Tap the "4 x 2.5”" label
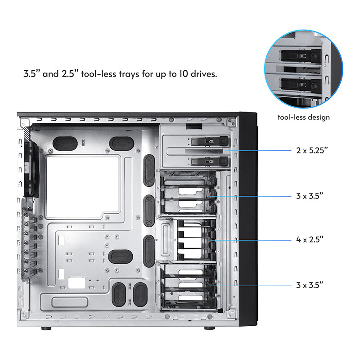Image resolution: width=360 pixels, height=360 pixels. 310,240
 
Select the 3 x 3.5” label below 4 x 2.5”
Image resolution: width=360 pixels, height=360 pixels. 310,285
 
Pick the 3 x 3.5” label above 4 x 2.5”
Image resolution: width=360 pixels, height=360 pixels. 310,196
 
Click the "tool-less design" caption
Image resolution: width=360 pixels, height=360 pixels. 304,117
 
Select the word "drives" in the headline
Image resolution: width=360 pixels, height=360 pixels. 202,73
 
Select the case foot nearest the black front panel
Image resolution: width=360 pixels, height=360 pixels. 208,328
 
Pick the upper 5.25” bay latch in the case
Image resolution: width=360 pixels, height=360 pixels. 206,142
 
